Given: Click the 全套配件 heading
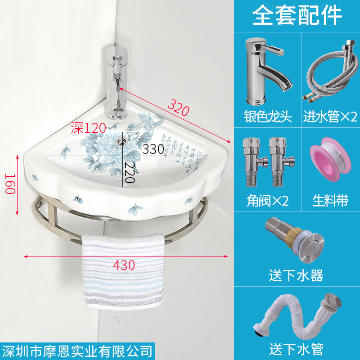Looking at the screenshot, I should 297,16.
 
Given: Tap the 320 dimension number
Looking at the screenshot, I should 178,107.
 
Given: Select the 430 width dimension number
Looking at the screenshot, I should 124,265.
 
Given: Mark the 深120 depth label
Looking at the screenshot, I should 89,128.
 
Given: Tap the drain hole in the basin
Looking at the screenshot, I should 121,140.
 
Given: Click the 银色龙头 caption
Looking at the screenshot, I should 269,117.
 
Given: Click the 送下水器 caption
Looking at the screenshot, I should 296,275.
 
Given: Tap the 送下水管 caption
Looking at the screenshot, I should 296,348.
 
